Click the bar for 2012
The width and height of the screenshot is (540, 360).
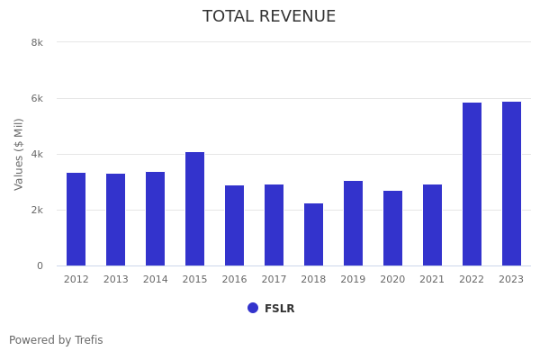click(76, 219)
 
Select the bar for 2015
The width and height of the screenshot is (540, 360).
click(194, 209)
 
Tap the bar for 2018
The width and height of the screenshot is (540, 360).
click(313, 234)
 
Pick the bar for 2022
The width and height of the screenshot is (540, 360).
click(472, 184)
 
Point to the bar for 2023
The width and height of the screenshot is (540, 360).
click(511, 184)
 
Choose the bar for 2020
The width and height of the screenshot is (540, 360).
click(392, 228)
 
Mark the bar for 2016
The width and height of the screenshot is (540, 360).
click(234, 225)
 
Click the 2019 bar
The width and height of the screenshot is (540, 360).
click(353, 223)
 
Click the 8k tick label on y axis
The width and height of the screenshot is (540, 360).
click(37, 42)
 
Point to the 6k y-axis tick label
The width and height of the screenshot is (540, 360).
click(37, 98)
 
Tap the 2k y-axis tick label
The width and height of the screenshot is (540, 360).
click(37, 210)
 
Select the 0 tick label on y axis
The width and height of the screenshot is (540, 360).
click(40, 265)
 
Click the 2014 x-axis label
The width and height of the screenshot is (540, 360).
click(155, 279)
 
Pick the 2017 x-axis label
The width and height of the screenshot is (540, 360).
click(274, 279)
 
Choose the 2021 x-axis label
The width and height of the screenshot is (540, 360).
click(432, 279)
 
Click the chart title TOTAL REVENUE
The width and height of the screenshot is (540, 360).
click(269, 17)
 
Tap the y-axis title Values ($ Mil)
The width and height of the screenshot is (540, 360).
click(19, 154)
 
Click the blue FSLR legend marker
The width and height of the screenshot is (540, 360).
click(253, 308)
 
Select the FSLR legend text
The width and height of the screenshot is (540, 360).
click(279, 309)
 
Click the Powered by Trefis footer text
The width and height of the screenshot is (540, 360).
click(56, 340)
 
